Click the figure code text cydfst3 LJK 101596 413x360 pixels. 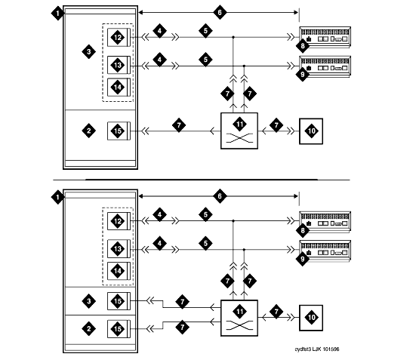(317, 349)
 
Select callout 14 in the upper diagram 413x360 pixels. (118, 87)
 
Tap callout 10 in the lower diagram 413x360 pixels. (311, 317)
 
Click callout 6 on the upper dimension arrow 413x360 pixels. (220, 12)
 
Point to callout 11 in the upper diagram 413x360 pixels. (239, 125)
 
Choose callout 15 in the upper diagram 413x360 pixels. (118, 131)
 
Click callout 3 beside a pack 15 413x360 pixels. (89, 301)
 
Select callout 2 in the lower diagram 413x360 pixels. (89, 328)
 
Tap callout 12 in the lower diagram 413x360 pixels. (118, 221)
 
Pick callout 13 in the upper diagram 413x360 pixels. (118, 65)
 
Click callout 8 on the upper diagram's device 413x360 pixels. (302, 46)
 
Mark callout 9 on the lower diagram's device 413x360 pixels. (302, 259)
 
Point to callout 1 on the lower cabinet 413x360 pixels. (57, 197)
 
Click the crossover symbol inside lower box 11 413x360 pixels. (239, 325)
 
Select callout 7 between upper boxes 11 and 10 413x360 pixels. (276, 125)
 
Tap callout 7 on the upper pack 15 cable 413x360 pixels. (179, 125)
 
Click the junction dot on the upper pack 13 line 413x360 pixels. (244, 66)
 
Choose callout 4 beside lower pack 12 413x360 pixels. (159, 214)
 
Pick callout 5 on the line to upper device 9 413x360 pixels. (205, 60)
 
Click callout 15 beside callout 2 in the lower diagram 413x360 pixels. (118, 328)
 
